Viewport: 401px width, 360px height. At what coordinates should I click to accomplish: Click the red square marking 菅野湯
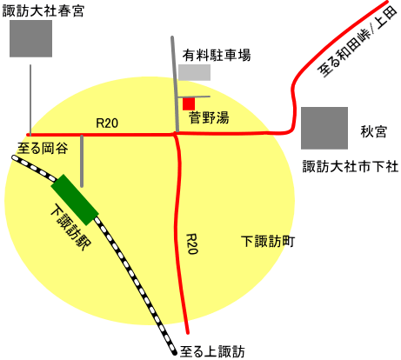189,104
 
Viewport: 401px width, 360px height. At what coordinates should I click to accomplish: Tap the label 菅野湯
209,117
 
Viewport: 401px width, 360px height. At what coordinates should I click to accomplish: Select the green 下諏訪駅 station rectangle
75,200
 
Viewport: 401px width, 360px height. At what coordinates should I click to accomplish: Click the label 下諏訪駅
70,227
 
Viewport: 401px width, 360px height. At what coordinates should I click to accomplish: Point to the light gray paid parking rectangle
194,72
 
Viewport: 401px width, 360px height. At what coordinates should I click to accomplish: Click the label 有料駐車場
217,55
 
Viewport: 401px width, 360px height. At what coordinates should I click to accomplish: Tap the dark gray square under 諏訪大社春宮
30,38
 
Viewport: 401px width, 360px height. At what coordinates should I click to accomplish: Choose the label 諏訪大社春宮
43,11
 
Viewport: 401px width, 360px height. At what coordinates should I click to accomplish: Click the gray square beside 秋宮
324,128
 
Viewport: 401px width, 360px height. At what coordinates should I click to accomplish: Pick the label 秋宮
373,132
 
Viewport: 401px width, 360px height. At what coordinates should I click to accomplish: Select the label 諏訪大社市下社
351,167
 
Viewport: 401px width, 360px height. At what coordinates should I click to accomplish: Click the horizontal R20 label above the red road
107,123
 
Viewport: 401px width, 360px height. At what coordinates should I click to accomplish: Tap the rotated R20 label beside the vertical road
191,244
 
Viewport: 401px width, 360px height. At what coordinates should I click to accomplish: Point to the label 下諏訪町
268,242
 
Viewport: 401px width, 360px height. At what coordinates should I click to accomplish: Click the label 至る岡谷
43,148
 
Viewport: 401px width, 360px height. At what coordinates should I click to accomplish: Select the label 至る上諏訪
212,352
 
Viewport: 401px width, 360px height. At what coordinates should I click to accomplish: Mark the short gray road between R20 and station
82,161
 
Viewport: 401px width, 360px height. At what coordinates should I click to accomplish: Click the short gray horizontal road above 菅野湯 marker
194,97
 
